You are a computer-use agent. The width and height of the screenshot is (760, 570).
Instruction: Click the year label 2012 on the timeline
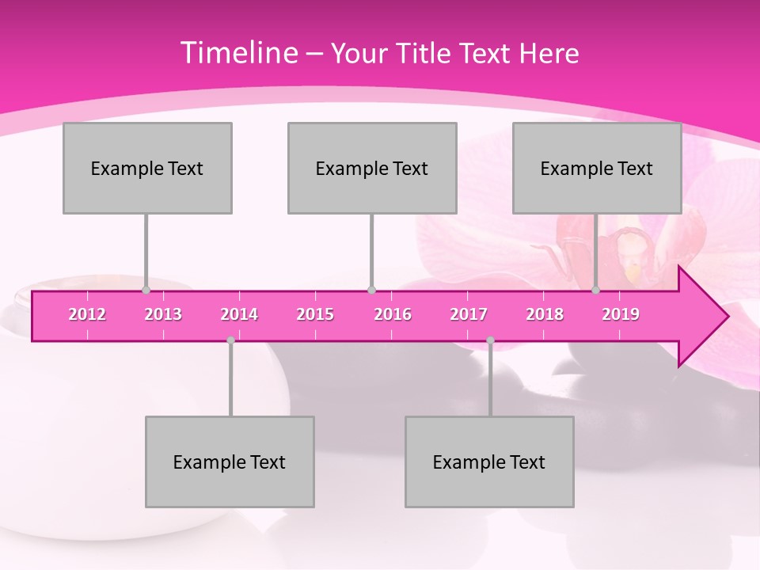(x=87, y=314)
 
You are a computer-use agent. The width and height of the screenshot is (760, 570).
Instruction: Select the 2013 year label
(x=163, y=314)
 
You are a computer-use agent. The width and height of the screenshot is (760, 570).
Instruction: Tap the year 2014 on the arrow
(x=239, y=314)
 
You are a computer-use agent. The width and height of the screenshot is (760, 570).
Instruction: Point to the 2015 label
(x=315, y=314)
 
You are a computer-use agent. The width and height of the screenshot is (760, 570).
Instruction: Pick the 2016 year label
(x=393, y=314)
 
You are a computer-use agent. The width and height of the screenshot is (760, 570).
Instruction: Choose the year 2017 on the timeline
(x=469, y=314)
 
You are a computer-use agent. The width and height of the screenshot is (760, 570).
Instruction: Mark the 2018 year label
(x=545, y=314)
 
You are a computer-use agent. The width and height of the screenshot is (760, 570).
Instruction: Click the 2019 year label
(x=621, y=314)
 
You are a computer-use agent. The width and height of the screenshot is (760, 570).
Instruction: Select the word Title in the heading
(x=426, y=54)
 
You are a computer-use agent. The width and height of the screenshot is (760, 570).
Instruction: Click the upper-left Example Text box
(x=147, y=168)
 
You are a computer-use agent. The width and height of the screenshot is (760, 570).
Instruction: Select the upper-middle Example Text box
(x=372, y=168)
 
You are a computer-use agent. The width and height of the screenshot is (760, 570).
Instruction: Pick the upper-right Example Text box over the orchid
(x=597, y=168)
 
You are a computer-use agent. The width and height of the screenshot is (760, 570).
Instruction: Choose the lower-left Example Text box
(x=230, y=462)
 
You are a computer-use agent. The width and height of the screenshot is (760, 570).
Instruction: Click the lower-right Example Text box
(x=489, y=462)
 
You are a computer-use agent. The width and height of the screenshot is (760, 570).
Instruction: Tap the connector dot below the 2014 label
(x=230, y=340)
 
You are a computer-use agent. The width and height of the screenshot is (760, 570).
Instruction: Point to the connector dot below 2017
(x=490, y=340)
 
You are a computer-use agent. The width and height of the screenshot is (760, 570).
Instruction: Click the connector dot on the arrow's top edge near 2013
(x=146, y=291)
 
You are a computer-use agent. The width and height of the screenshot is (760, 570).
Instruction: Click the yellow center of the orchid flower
(x=633, y=272)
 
